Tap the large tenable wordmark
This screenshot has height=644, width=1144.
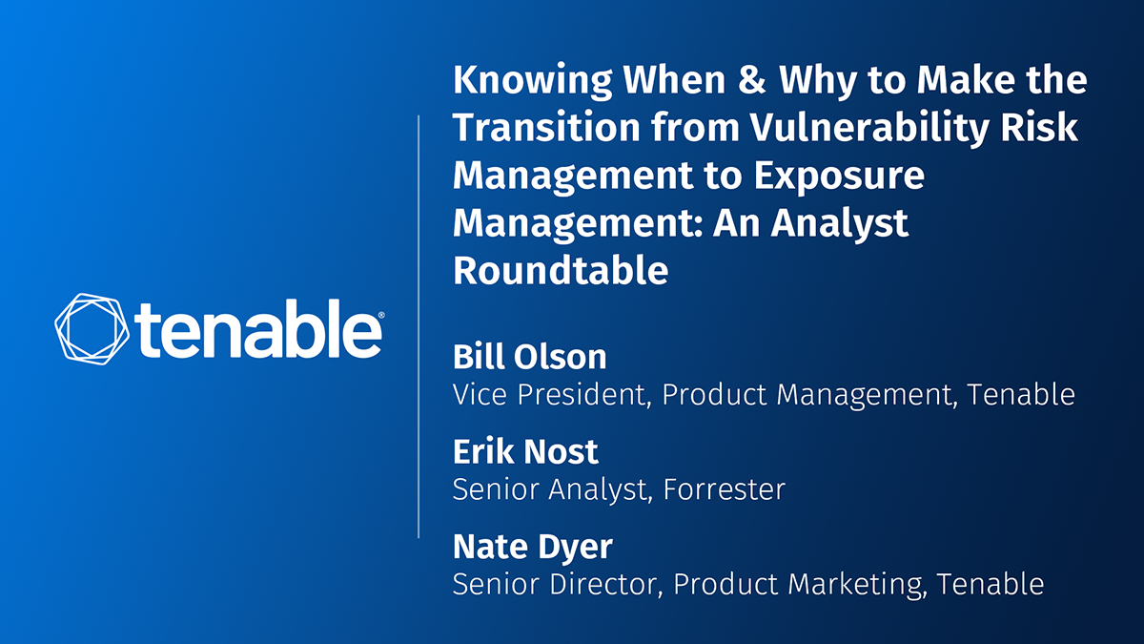tap(257, 329)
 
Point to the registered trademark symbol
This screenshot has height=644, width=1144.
tap(381, 315)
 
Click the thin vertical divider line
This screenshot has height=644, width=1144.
tap(419, 326)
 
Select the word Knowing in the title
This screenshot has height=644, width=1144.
tap(532, 81)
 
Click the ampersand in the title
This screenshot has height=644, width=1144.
tap(752, 79)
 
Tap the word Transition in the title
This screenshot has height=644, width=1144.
tap(546, 127)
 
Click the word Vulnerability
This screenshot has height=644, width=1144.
tap(869, 128)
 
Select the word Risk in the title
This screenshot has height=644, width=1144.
tap(1039, 126)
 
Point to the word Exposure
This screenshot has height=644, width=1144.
tap(839, 176)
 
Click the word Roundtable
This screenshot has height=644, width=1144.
tap(561, 270)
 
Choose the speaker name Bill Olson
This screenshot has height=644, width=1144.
tap(530, 356)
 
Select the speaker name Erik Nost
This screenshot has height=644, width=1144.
tap(525, 451)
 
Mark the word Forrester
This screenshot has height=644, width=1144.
tap(725, 489)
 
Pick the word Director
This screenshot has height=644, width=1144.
tap(606, 584)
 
